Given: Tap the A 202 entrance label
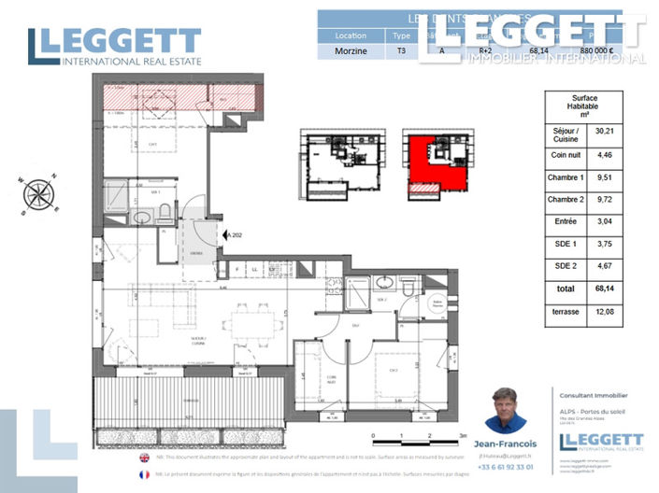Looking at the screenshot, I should tap(234, 235).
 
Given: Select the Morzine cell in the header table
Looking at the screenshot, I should tap(351, 52).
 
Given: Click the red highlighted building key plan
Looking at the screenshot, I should tap(437, 163).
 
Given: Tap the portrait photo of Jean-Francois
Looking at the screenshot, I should tap(506, 410).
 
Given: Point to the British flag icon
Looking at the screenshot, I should tap(144, 458).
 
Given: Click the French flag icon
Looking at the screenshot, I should tap(144, 474).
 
